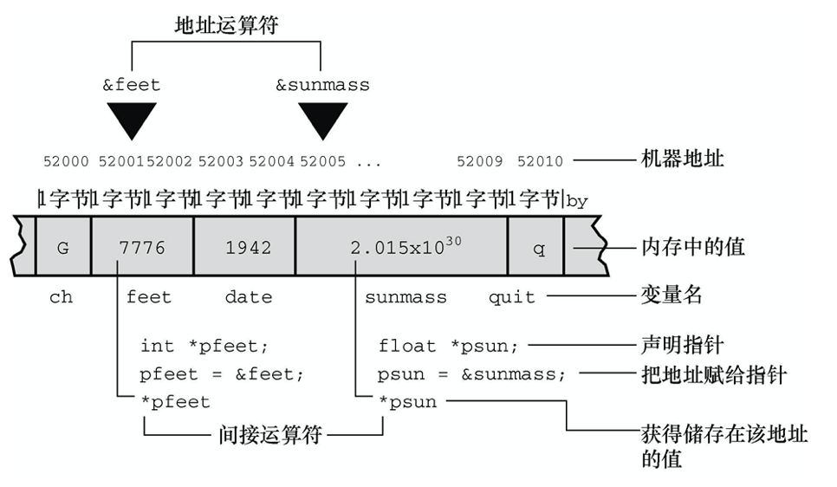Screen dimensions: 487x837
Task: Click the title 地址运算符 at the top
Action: pyautogui.click(x=227, y=26)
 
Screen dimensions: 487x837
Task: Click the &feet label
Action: pyautogui.click(x=132, y=85)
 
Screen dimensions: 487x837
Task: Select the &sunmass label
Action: pyautogui.click(x=322, y=85)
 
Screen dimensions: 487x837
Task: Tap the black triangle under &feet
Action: pyautogui.click(x=131, y=119)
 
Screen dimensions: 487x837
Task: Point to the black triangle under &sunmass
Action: pyautogui.click(x=322, y=119)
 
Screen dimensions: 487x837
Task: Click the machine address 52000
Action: pyautogui.click(x=66, y=160)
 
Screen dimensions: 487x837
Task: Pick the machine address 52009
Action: pyautogui.click(x=480, y=160)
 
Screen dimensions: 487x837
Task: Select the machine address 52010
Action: pyautogui.click(x=540, y=160)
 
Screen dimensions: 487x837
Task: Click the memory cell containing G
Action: pyautogui.click(x=62, y=248)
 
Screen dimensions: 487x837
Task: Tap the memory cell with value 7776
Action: pyautogui.click(x=141, y=248)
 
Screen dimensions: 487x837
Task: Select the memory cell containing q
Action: pyautogui.click(x=539, y=248)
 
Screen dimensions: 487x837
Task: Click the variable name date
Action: pyautogui.click(x=249, y=297)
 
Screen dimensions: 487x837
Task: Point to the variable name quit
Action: pyautogui.click(x=512, y=297)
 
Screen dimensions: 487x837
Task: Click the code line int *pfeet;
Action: pyautogui.click(x=204, y=346)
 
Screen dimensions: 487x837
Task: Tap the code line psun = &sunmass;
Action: pyautogui.click(x=472, y=375)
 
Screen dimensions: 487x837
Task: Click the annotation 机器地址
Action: pyautogui.click(x=683, y=159)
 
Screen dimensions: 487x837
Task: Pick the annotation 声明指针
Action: pyautogui.click(x=683, y=345)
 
